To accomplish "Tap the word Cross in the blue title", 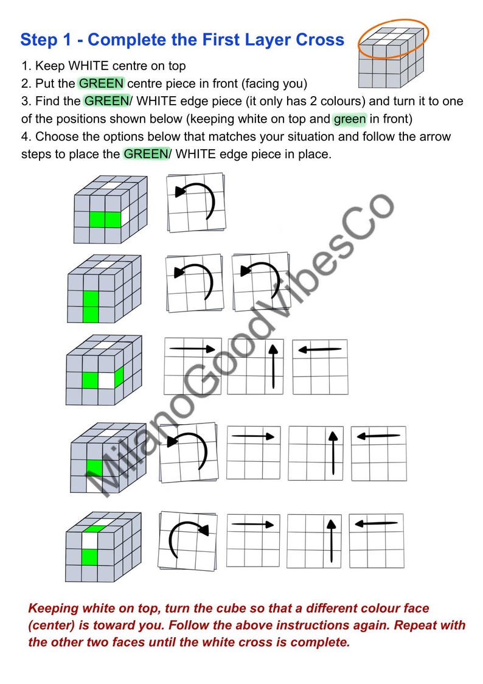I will click(319, 40).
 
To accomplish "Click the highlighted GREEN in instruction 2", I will click(101, 83).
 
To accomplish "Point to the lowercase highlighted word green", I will click(349, 119).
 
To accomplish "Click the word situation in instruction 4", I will click(377, 136).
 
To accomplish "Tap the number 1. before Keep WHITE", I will click(26, 66).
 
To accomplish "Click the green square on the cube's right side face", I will click(118, 377).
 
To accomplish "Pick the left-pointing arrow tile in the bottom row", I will click(377, 540).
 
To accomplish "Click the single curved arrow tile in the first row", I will click(195, 203).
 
